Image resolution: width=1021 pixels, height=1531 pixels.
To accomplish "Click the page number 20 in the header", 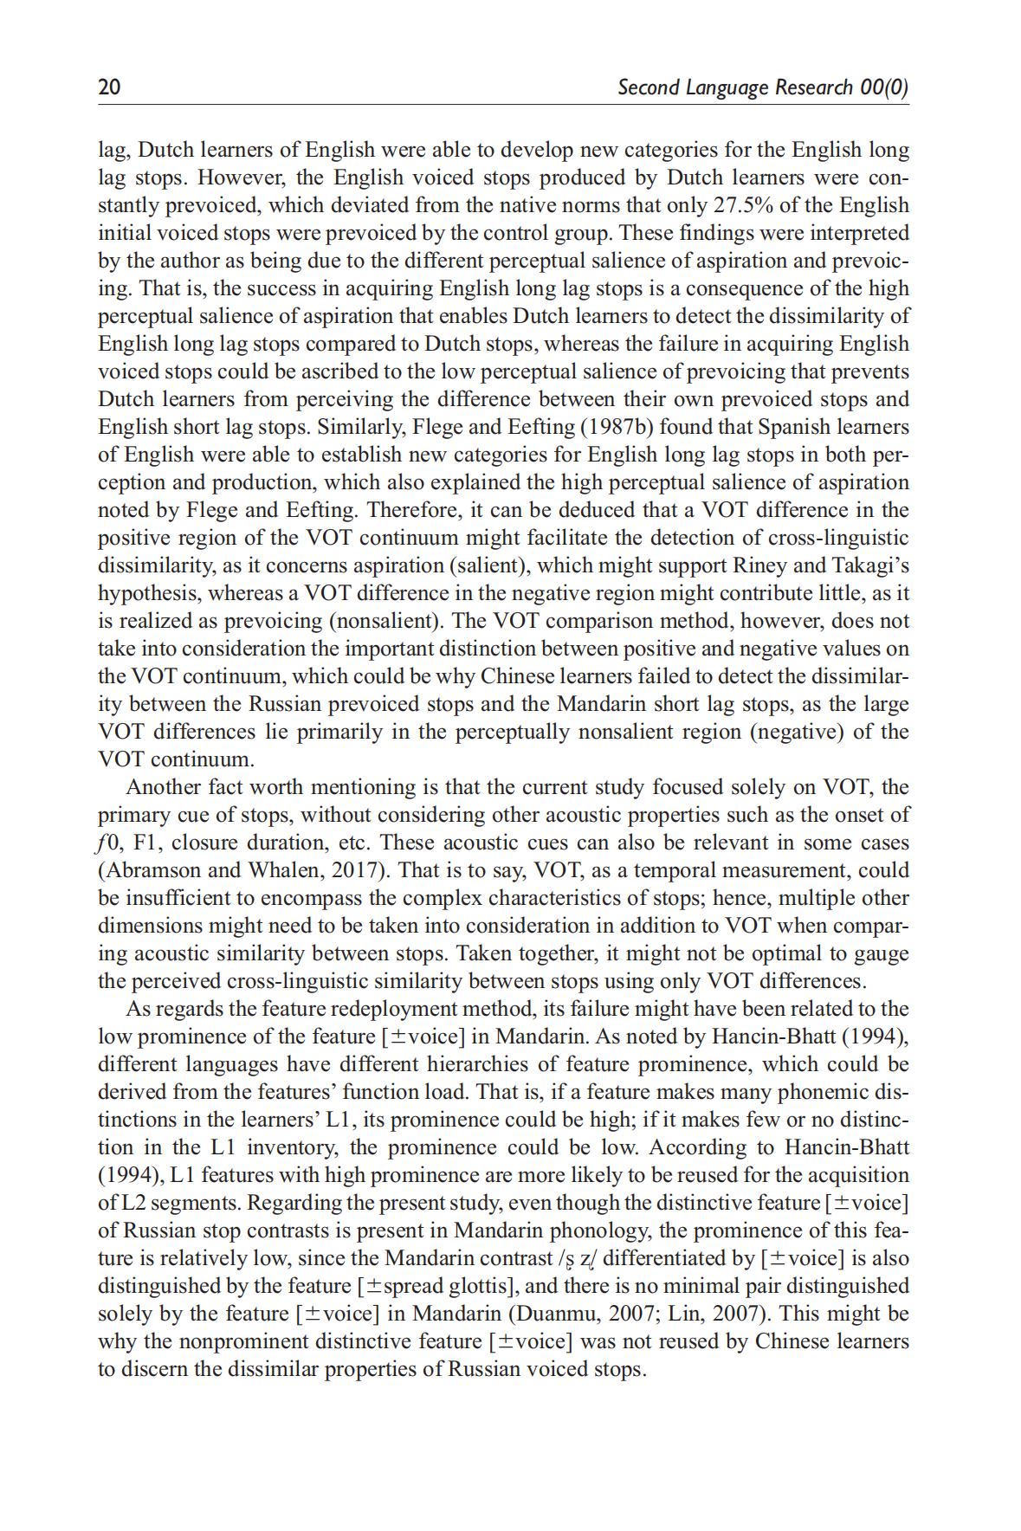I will coord(109,87).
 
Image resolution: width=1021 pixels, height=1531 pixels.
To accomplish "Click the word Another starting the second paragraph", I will coord(162,787).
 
